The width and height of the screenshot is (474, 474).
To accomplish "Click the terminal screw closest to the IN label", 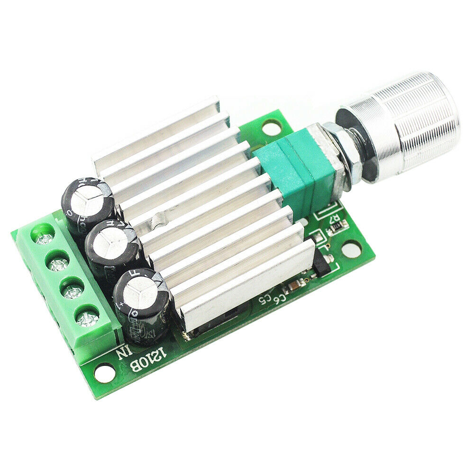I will coord(88,319).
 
